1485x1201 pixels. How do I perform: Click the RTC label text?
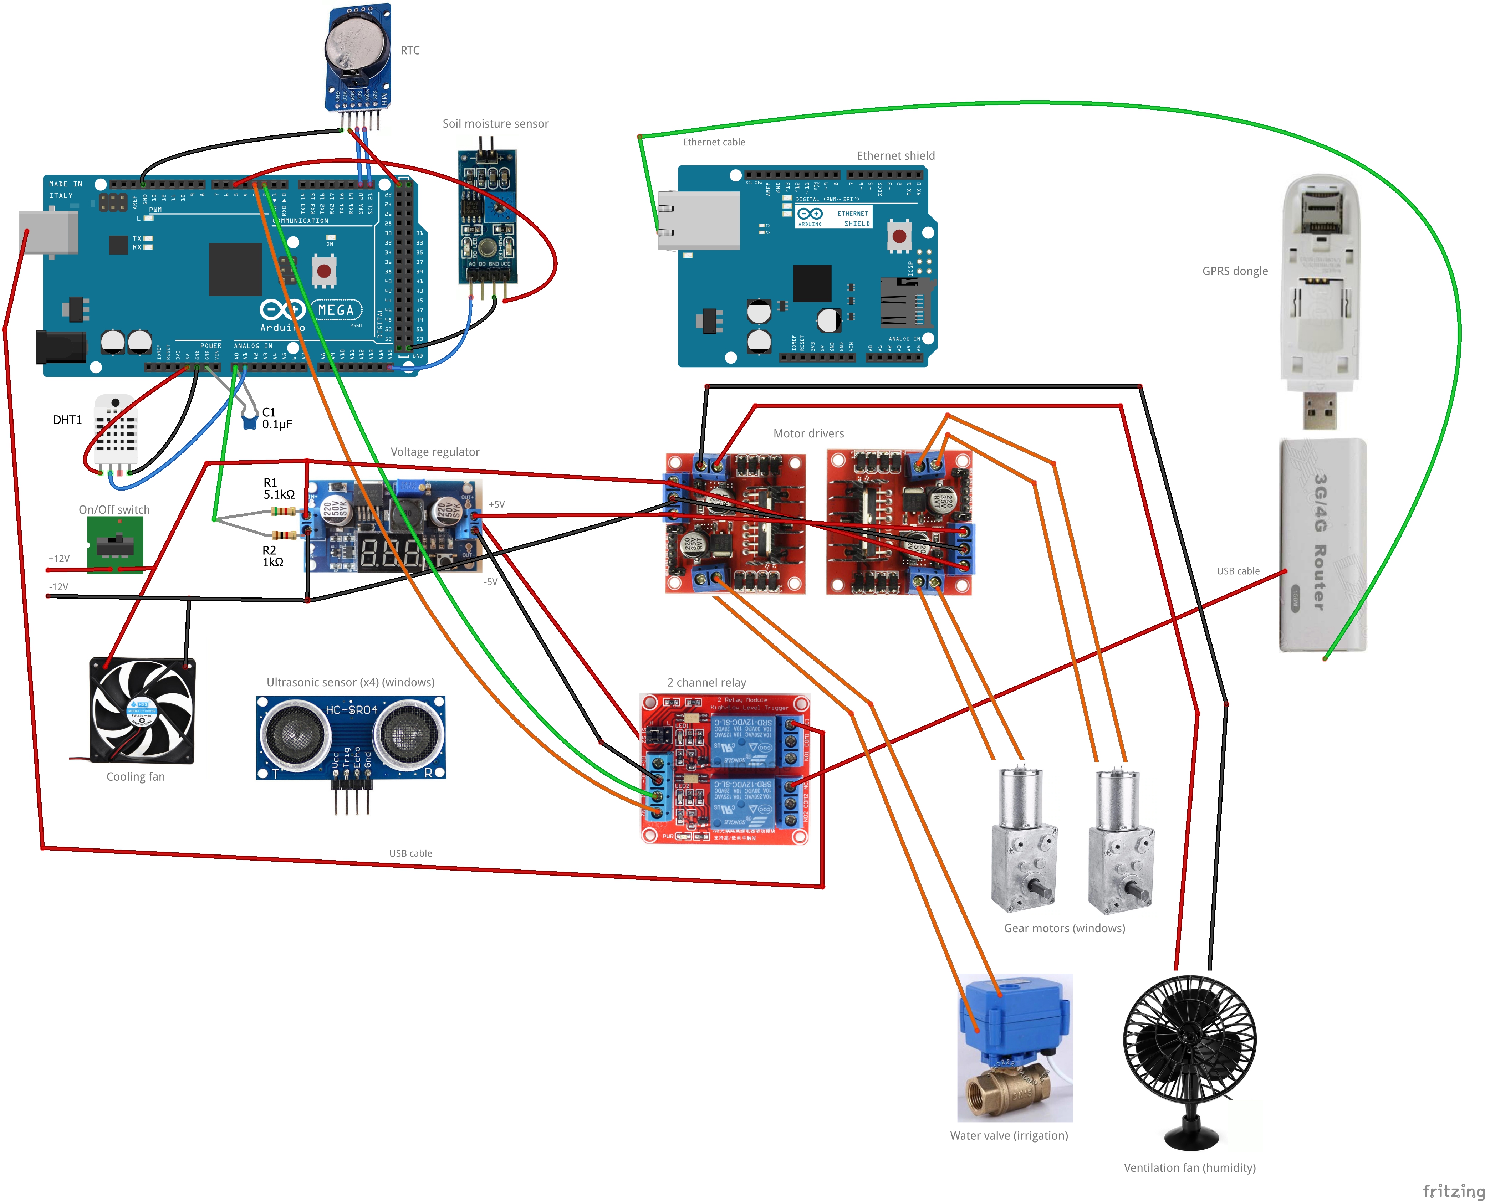(410, 51)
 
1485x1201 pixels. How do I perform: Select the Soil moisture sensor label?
(495, 124)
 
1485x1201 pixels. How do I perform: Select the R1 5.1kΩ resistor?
(284, 511)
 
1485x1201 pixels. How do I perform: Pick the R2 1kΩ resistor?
(284, 535)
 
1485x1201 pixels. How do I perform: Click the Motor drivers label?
(808, 434)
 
